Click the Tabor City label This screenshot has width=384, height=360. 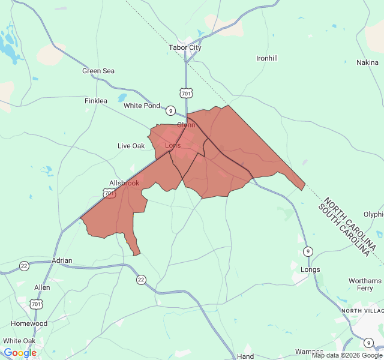click(x=185, y=47)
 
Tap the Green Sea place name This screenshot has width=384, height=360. click(x=98, y=71)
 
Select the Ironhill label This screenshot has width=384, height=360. click(x=267, y=58)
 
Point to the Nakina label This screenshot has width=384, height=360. click(x=367, y=62)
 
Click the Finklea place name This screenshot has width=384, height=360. click(x=96, y=101)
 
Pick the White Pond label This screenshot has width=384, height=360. click(x=142, y=106)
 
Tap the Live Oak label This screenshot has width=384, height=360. click(x=131, y=146)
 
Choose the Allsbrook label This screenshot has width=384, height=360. click(x=124, y=183)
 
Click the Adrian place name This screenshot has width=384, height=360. click(x=62, y=260)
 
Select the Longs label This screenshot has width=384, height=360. click(x=310, y=269)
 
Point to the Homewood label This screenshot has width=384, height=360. click(x=29, y=323)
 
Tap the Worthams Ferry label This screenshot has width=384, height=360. click(x=364, y=284)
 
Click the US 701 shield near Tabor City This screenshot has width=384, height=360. click(x=186, y=93)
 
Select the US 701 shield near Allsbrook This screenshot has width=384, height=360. click(x=109, y=193)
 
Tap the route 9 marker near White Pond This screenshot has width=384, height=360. click(x=171, y=110)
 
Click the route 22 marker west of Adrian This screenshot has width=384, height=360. click(x=24, y=266)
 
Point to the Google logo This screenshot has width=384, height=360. click(x=20, y=353)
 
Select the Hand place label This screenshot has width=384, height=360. click(x=245, y=356)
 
